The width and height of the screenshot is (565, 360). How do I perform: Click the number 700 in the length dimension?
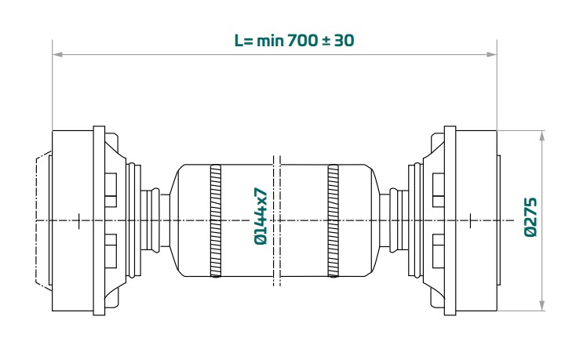click(303, 41)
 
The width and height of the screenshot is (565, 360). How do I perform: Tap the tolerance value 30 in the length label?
click(344, 41)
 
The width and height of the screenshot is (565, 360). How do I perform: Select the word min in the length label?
click(271, 41)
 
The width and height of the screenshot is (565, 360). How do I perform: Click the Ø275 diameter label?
click(530, 217)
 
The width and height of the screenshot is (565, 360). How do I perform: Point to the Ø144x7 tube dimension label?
click(261, 216)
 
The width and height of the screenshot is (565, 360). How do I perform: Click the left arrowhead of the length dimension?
click(57, 54)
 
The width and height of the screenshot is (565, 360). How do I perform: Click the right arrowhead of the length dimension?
click(492, 54)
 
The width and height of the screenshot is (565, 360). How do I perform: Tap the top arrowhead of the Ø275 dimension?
click(542, 136)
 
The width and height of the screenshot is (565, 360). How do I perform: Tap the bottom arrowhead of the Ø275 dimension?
click(542, 305)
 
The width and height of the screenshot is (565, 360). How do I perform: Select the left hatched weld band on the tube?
click(216, 220)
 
